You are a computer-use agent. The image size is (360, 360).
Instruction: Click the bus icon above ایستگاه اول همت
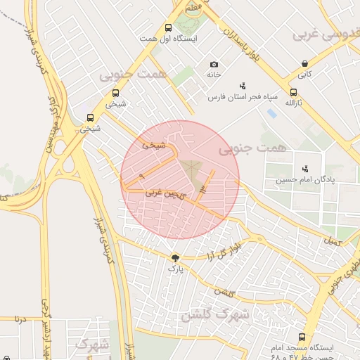167,28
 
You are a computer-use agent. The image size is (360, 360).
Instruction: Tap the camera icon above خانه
214,65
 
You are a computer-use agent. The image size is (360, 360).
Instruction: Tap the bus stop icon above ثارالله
293,92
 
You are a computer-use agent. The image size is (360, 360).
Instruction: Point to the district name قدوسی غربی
326,34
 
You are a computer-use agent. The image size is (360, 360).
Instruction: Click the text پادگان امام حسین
304,180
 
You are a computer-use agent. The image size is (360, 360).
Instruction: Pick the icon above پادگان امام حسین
304,169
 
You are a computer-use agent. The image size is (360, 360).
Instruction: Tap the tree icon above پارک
174,257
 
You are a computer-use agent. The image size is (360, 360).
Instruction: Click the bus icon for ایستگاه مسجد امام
302,337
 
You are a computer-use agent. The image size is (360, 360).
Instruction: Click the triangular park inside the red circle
191,167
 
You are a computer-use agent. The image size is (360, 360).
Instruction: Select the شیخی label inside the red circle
154,146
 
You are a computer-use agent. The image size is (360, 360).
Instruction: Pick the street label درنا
20,319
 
